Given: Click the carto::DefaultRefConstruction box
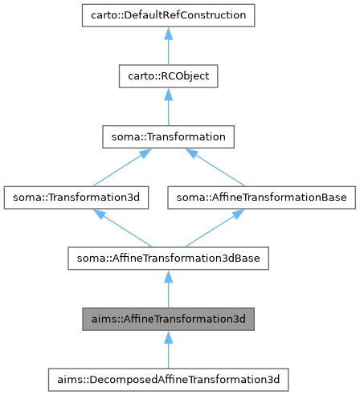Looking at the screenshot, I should point(168,15).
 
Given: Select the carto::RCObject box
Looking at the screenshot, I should point(168,76).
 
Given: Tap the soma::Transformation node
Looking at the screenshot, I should point(168,137).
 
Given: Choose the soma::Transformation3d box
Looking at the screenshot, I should point(76,197).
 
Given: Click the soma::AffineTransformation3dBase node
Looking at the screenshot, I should point(168,259).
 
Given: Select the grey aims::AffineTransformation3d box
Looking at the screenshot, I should point(168,319).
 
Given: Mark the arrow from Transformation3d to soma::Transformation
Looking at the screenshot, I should point(121,168).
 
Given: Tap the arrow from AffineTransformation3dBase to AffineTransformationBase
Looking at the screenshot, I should point(213,228).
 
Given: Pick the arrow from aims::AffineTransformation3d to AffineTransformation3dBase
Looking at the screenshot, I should point(168,289).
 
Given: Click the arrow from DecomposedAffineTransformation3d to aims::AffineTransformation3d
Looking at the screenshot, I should point(168,349).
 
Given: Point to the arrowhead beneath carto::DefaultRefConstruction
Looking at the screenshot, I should point(168,33).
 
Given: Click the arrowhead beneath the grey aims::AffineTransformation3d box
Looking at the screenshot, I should point(168,336).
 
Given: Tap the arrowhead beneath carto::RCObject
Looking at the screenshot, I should point(168,94).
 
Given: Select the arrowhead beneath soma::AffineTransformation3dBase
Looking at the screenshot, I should point(168,276).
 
